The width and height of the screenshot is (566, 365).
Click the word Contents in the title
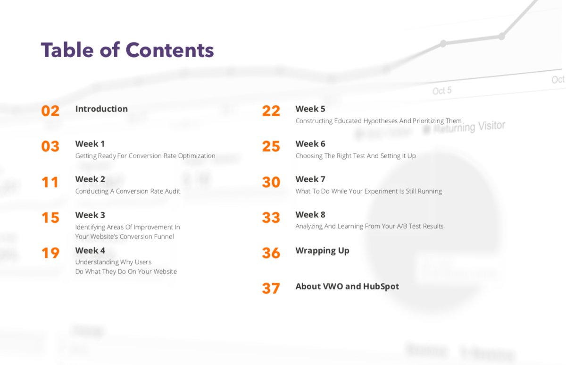tap(169, 50)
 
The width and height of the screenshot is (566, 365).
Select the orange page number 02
tap(50, 111)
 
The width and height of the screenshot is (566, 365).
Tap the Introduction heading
tap(101, 109)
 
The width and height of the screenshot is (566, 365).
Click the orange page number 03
tap(50, 146)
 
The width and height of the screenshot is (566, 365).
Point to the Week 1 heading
tap(90, 144)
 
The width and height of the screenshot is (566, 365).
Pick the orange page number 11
tap(50, 182)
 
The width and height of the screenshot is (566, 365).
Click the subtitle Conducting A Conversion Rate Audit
tap(128, 191)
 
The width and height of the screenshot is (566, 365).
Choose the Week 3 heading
tap(90, 215)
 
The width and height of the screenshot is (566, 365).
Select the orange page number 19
tap(50, 253)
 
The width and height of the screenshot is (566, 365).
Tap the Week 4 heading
tap(90, 250)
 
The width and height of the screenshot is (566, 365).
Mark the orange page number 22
tap(271, 111)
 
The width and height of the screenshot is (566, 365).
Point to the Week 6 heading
tap(310, 144)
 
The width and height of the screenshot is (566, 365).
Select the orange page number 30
tap(271, 182)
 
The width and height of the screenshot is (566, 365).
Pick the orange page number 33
tap(271, 218)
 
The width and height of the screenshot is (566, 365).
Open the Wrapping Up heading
tap(323, 251)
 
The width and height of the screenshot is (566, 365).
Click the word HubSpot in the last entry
tap(381, 286)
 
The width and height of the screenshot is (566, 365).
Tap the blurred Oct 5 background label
tap(442, 91)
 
